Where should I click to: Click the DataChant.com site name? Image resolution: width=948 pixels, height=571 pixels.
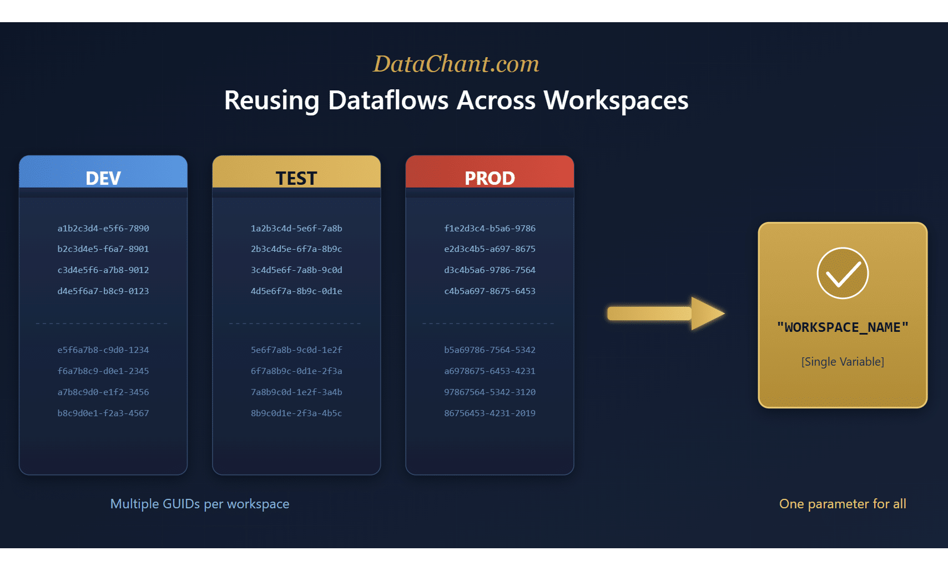[x=456, y=64]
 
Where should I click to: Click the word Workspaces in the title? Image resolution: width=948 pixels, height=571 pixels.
[x=616, y=100]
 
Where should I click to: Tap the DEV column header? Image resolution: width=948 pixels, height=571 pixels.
[x=103, y=178]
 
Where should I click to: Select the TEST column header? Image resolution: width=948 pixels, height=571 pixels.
[x=296, y=178]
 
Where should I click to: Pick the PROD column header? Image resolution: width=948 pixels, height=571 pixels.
[x=490, y=178]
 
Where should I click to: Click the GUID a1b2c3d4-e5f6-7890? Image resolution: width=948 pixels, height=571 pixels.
[x=103, y=228]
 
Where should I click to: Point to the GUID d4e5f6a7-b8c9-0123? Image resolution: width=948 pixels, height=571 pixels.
[x=103, y=291]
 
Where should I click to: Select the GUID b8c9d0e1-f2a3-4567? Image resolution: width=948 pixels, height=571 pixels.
[x=103, y=413]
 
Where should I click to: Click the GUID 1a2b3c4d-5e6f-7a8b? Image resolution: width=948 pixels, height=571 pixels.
[x=296, y=228]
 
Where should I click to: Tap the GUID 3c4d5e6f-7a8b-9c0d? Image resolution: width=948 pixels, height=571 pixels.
[x=296, y=270]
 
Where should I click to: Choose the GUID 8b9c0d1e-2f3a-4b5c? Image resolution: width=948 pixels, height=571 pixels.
[x=296, y=413]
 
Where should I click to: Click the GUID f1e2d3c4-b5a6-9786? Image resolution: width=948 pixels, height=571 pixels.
[x=490, y=228]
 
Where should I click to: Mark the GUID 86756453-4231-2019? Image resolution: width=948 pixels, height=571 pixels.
[x=490, y=413]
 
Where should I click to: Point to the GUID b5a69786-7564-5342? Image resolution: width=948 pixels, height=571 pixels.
[x=490, y=350]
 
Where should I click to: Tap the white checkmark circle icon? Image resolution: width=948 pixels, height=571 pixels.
[x=843, y=273]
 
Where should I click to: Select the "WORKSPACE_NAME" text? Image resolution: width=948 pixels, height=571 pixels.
[x=843, y=327]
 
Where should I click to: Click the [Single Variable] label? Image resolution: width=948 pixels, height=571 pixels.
[x=843, y=362]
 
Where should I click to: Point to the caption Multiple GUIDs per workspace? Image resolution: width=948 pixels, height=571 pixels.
[x=200, y=504]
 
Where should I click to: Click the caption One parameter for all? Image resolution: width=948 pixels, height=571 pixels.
[x=843, y=504]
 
